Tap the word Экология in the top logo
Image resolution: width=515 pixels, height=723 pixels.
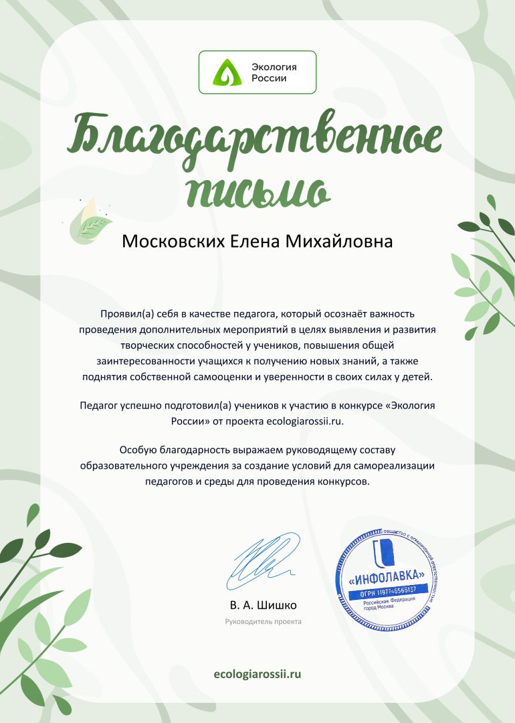(274, 67)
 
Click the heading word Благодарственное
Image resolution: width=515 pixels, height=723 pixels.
(257, 138)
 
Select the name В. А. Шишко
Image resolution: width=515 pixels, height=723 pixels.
(263, 605)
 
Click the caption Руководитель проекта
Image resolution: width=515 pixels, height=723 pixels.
(263, 622)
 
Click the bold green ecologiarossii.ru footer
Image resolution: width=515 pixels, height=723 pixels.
(257, 673)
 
